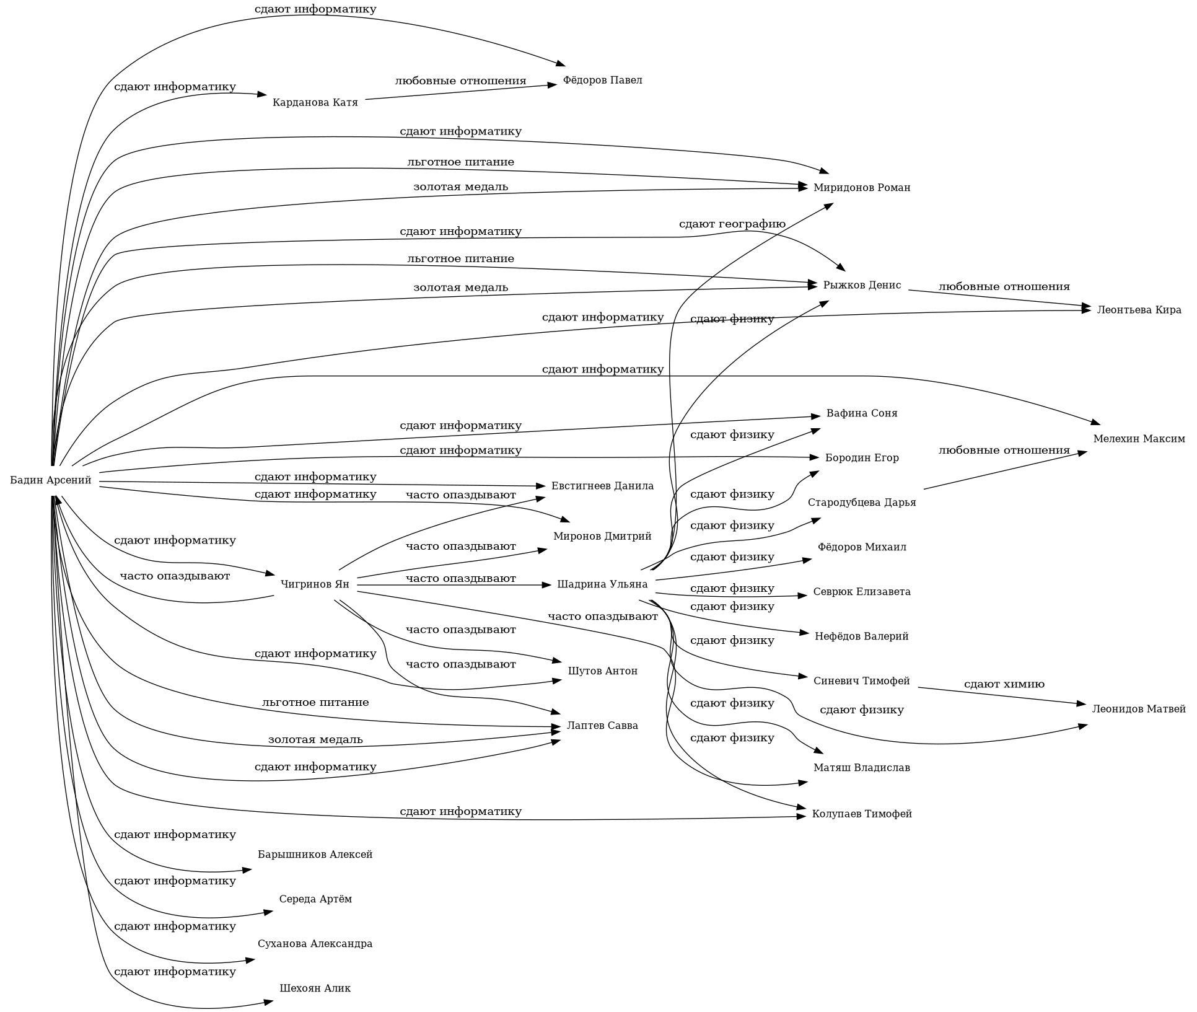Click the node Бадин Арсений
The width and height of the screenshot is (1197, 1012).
coord(51,480)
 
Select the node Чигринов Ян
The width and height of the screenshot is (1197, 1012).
coord(315,584)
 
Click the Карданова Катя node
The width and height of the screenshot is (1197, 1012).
coord(315,102)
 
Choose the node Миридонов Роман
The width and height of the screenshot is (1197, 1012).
coord(862,188)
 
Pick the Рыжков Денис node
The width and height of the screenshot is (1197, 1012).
coord(862,285)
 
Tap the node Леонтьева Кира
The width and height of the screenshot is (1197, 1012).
coord(1139,310)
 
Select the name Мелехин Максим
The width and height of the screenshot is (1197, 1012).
coord(1139,439)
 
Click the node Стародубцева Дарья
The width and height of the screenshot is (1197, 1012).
coord(862,503)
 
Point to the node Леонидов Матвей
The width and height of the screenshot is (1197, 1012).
coord(1139,709)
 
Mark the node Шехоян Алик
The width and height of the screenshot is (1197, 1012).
coord(315,988)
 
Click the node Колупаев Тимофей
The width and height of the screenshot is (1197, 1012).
coord(862,814)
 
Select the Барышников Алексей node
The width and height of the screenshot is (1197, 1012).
coord(315,855)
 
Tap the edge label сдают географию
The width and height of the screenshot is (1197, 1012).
coord(732,224)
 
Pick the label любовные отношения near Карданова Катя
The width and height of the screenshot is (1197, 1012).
coord(460,81)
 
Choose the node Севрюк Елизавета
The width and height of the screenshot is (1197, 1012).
coord(862,592)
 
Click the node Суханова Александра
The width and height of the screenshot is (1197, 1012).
coord(315,944)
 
